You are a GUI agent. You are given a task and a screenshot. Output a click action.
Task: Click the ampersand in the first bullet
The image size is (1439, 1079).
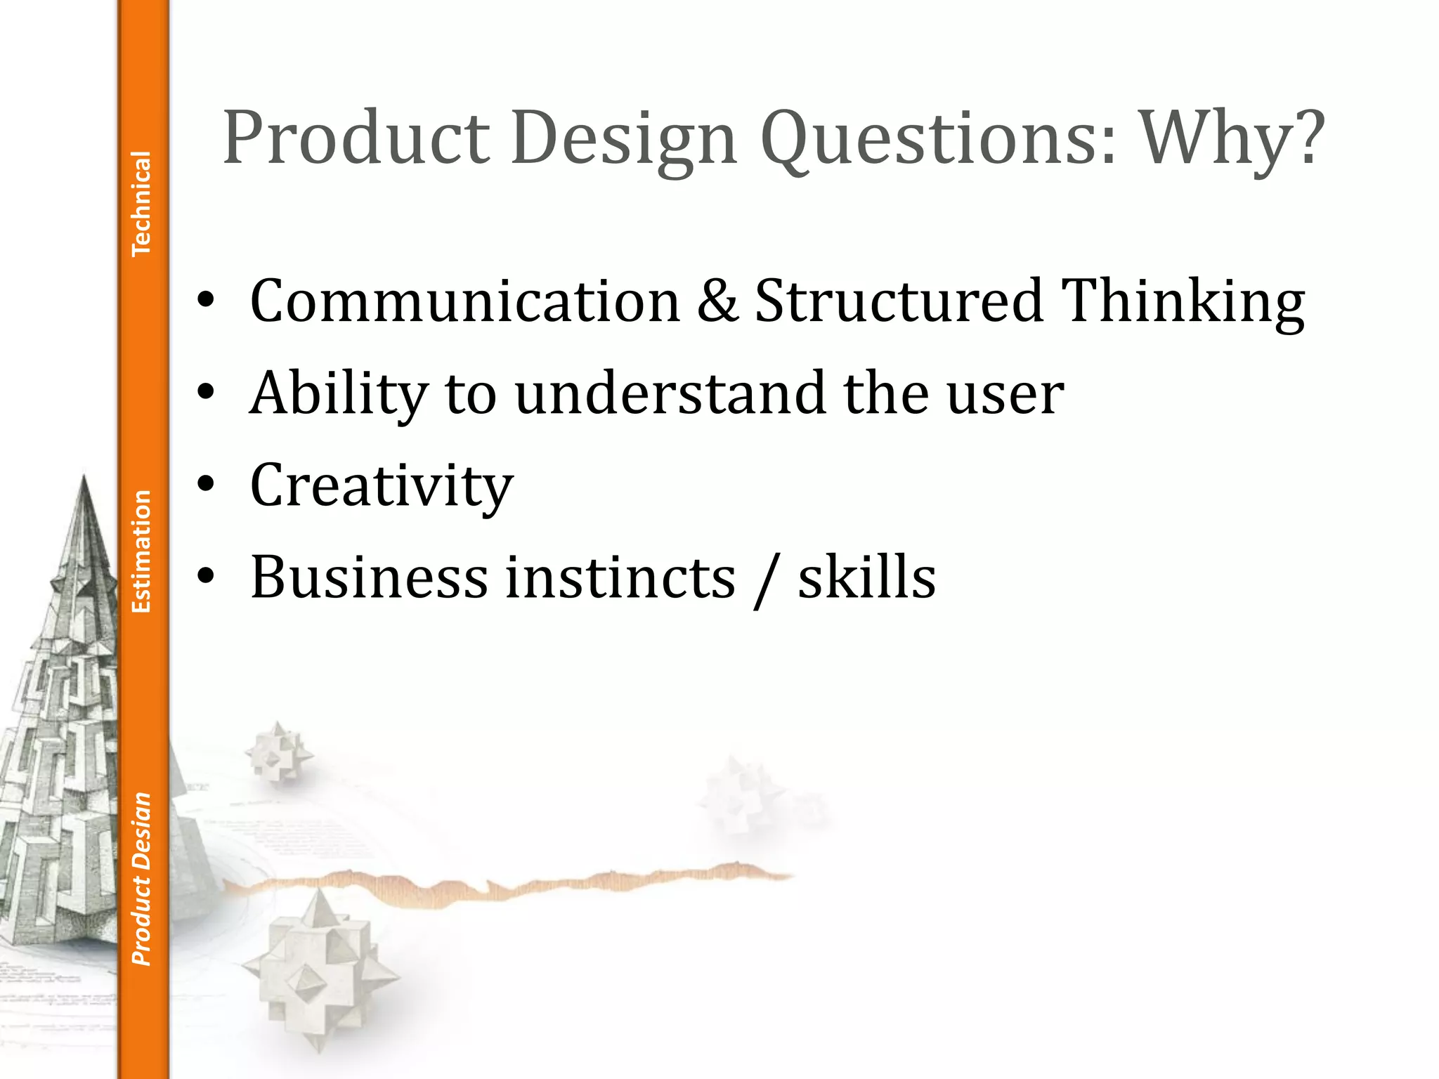coord(717,301)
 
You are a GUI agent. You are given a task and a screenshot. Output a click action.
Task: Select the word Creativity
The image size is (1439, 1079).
coord(382,486)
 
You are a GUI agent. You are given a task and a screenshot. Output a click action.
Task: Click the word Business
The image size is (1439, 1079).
coord(369,577)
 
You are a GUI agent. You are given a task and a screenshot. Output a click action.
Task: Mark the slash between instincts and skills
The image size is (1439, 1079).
coord(766,579)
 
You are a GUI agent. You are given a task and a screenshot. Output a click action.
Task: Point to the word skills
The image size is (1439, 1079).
coord(866,577)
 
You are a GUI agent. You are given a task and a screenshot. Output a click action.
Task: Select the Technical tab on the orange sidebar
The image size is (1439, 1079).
coord(142,204)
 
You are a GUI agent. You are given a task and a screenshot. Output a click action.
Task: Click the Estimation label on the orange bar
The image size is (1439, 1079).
coord(142,551)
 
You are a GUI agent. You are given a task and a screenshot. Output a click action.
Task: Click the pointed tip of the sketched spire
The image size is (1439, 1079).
coord(84,478)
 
